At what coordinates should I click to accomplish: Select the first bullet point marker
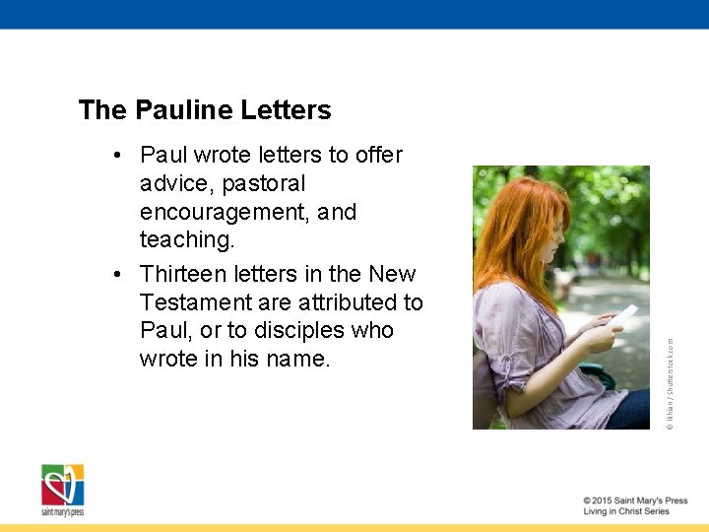tap(117, 156)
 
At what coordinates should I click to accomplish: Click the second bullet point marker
tap(117, 274)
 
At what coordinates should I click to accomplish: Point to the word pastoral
tap(264, 184)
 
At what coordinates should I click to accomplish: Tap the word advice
tap(177, 184)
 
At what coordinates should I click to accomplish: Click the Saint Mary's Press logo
tap(63, 490)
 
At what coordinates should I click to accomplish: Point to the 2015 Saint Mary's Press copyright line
tap(634, 500)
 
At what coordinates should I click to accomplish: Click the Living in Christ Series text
tap(626, 512)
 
